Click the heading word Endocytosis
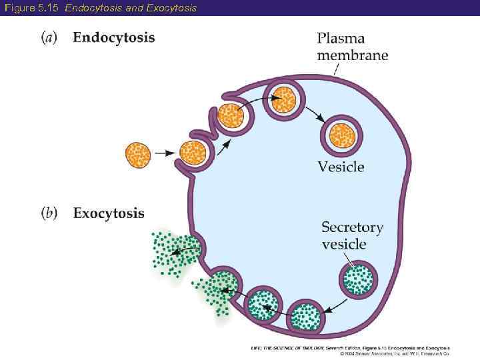click(113, 37)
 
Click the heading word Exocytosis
click(108, 213)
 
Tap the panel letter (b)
click(50, 213)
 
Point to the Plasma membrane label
click(351, 47)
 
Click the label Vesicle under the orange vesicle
click(341, 167)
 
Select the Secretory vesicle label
click(352, 235)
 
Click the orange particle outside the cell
click(139, 155)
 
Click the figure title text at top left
click(99, 7)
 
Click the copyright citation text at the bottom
click(350, 351)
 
